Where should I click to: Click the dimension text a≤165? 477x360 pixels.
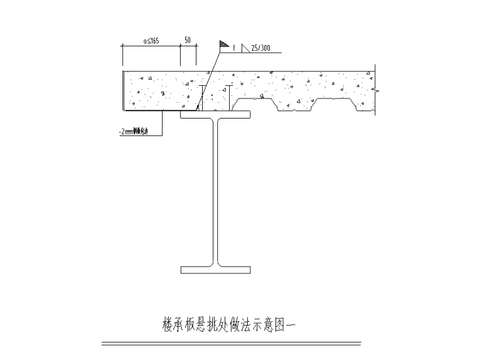[x=151, y=41]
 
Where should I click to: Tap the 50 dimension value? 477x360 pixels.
[x=187, y=40]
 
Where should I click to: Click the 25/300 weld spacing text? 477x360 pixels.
[x=260, y=48]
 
